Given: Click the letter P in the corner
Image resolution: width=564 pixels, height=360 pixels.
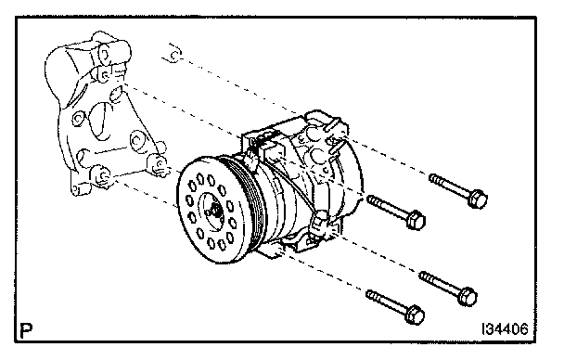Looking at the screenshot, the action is (x=26, y=330).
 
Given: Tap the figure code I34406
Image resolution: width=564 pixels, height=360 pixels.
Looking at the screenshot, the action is (x=505, y=328).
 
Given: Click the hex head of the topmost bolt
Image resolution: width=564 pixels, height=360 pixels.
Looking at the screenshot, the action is (x=478, y=199).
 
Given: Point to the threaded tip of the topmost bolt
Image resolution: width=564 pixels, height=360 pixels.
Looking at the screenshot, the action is (x=433, y=178).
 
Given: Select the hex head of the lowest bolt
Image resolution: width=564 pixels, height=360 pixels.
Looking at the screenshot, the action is (x=415, y=315).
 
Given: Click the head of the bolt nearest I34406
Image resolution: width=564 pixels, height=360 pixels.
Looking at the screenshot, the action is (x=468, y=297).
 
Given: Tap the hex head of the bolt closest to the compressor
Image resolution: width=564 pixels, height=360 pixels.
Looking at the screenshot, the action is (x=416, y=220).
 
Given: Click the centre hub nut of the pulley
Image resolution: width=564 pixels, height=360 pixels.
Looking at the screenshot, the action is (x=214, y=209).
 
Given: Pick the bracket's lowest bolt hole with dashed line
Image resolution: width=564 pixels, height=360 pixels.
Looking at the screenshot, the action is (x=102, y=175).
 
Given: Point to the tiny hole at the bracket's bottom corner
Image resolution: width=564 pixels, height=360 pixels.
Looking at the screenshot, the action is (x=75, y=189).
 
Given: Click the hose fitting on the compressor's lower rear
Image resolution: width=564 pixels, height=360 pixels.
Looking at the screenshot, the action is (x=320, y=224).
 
